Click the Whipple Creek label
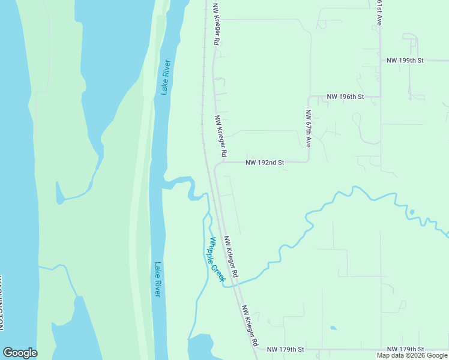(x=216, y=260)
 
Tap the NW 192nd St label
(x=265, y=162)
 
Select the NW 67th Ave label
(x=308, y=128)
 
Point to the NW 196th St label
(x=345, y=97)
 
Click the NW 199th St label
(x=405, y=61)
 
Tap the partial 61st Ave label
(x=379, y=12)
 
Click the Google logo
(x=20, y=353)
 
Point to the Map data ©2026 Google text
(x=412, y=355)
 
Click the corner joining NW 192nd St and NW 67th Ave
(x=309, y=161)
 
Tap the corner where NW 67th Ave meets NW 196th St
(x=309, y=97)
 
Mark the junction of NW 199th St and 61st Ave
(x=380, y=61)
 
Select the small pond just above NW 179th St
(x=333, y=328)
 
